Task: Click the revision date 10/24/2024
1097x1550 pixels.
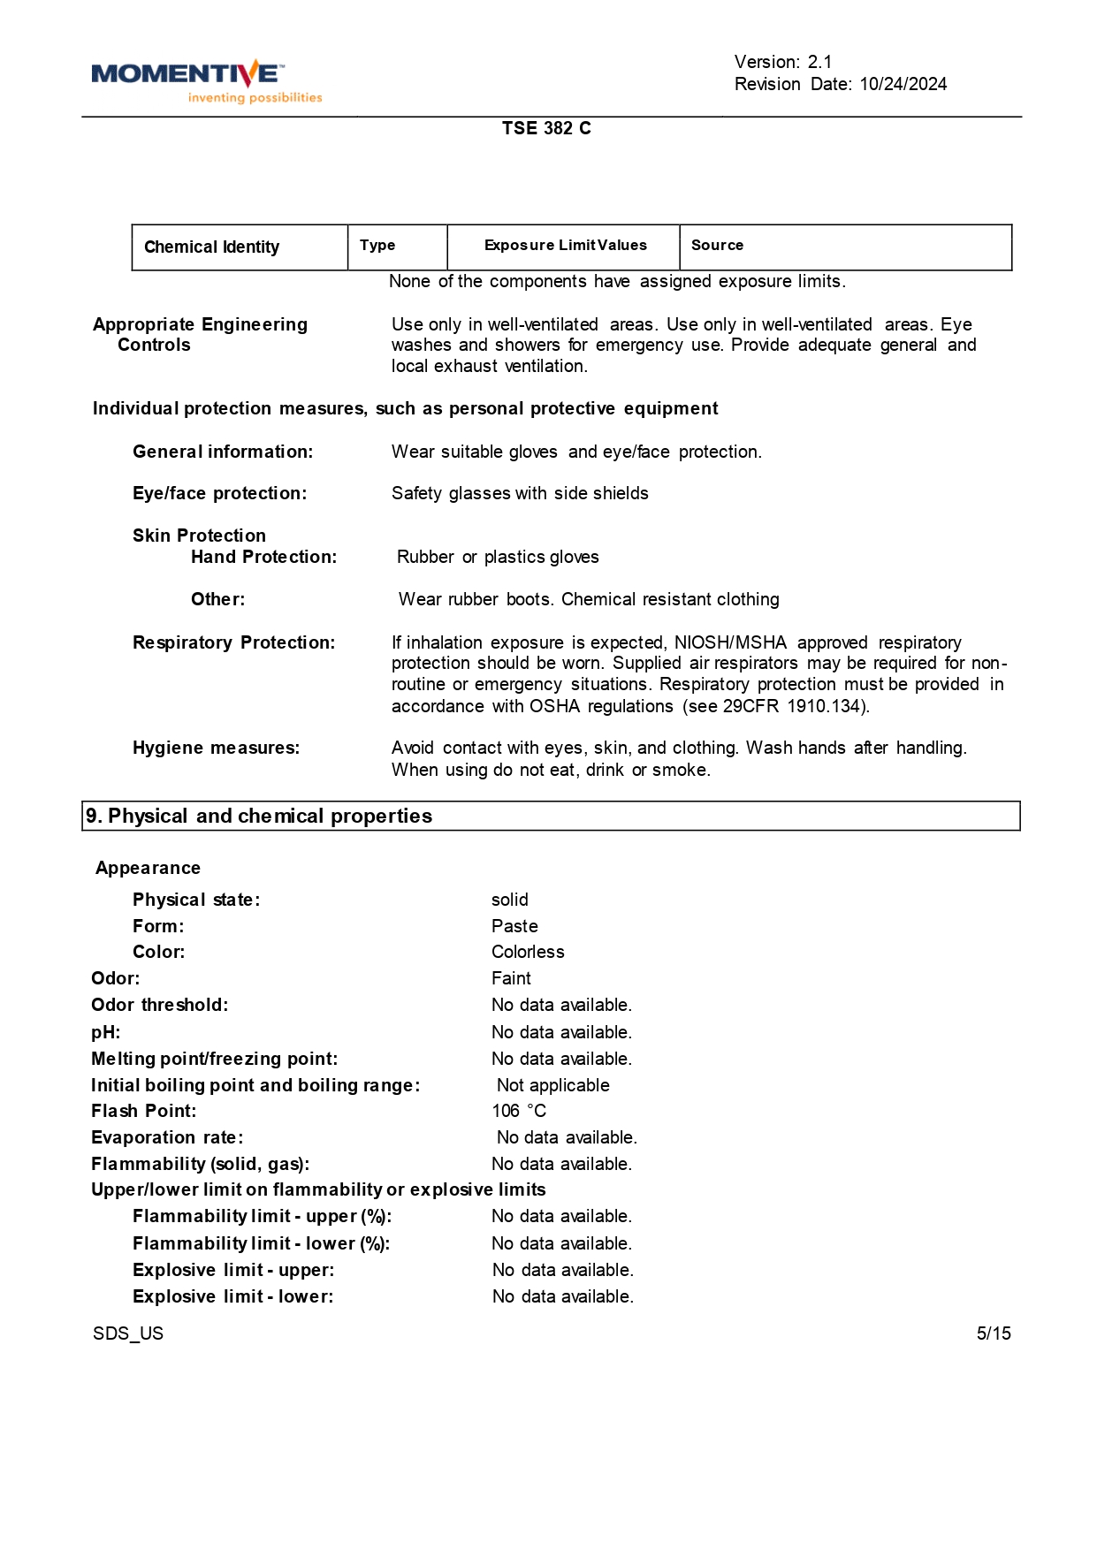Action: click(x=903, y=84)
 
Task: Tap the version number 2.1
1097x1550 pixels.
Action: click(x=819, y=62)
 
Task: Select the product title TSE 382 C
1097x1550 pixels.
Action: click(x=546, y=128)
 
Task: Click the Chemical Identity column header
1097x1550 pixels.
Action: click(x=211, y=247)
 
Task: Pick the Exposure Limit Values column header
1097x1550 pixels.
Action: click(x=565, y=246)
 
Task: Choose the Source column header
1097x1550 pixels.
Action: click(x=717, y=246)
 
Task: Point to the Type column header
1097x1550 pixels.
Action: click(x=377, y=246)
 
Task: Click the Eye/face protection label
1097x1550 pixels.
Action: click(x=219, y=494)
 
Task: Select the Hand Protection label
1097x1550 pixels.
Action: click(x=263, y=558)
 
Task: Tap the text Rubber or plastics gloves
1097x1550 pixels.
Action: click(x=498, y=558)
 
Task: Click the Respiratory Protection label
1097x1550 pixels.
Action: click(x=233, y=643)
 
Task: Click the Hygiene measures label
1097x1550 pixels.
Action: click(x=216, y=748)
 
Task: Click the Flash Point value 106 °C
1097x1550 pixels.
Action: click(x=519, y=1112)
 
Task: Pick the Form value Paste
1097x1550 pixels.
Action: click(x=514, y=927)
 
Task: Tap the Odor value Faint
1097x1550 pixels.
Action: click(x=511, y=979)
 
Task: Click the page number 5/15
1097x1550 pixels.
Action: click(x=994, y=1333)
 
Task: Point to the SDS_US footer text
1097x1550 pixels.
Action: click(x=128, y=1333)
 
